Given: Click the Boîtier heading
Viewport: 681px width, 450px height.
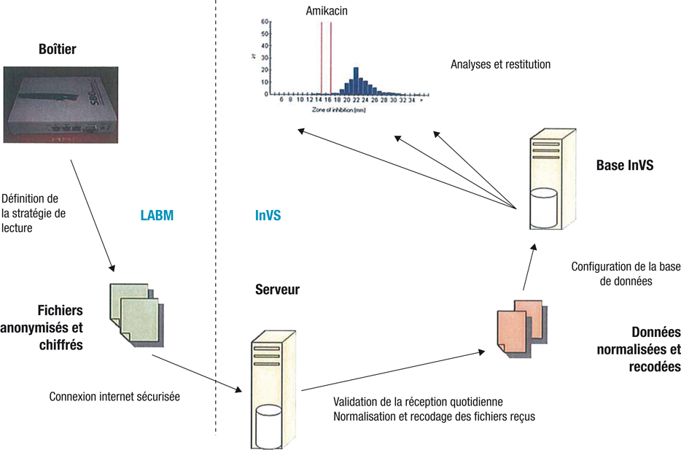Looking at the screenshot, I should coord(57,50).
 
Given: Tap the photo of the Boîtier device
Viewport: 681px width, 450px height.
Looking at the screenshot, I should coord(58,105).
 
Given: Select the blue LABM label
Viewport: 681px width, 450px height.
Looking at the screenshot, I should coord(157,216).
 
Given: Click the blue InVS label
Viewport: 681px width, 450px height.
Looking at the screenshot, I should coord(268,216).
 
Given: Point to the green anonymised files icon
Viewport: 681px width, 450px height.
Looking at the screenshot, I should coord(136,310).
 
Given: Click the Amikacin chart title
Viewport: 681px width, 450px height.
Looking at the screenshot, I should coord(325,12).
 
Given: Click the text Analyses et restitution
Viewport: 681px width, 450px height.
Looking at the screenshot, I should coord(500,65).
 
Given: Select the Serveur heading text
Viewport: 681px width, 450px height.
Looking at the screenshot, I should coord(277,290).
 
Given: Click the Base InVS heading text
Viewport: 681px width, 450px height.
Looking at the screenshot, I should coord(624,166).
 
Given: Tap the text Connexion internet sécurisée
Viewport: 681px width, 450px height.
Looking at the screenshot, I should coord(114,397).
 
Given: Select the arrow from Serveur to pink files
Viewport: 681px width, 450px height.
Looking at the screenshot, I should coord(392,371).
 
